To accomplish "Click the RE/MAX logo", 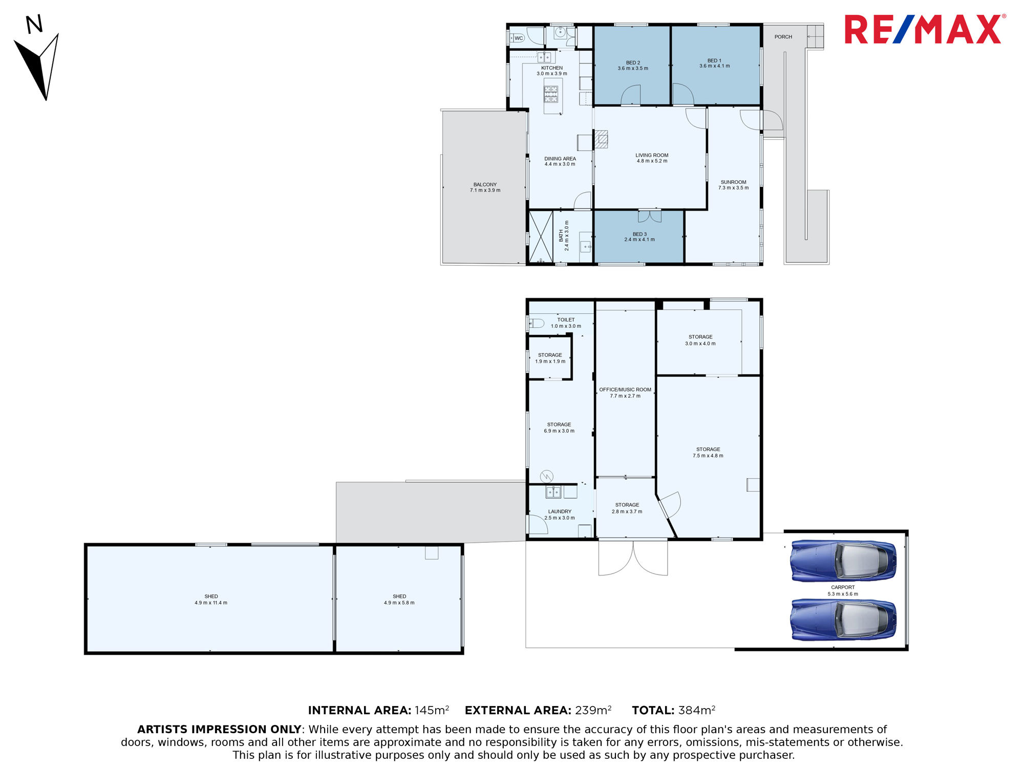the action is pyautogui.click(x=925, y=29).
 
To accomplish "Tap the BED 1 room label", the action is pyautogui.click(x=714, y=63).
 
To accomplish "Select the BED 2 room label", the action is pyautogui.click(x=633, y=66).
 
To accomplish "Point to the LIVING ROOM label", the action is pyautogui.click(x=652, y=158).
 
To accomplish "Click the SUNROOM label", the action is pyautogui.click(x=733, y=185).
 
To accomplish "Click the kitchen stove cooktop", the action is pyautogui.click(x=551, y=94).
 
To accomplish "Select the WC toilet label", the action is pyautogui.click(x=519, y=38).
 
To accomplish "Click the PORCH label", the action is pyautogui.click(x=783, y=37).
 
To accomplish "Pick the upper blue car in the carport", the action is pyautogui.click(x=843, y=561).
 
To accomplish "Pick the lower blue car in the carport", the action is pyautogui.click(x=843, y=620).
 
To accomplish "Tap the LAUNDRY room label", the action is pyautogui.click(x=560, y=515).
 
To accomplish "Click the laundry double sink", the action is pyautogui.click(x=553, y=492).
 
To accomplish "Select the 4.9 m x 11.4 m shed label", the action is pyautogui.click(x=211, y=600).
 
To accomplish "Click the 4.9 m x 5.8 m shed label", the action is pyautogui.click(x=399, y=600).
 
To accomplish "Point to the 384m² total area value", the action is pyautogui.click(x=697, y=710).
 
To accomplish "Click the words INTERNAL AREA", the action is pyautogui.click(x=359, y=711).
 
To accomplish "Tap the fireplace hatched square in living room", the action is pyautogui.click(x=601, y=139).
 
